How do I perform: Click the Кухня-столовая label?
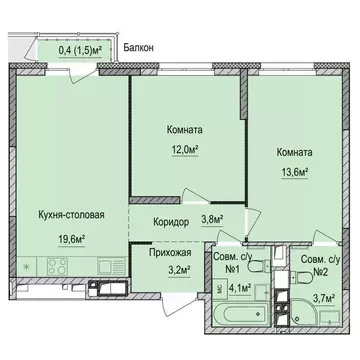coord(71,214)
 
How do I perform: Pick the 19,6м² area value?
coord(70,239)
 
